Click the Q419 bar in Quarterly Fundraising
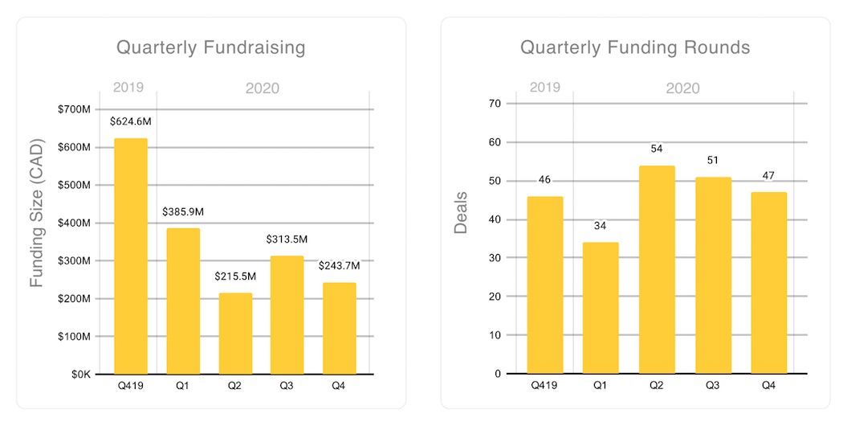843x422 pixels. pos(131,256)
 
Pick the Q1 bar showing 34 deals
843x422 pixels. pos(601,308)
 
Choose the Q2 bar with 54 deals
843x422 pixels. pos(658,269)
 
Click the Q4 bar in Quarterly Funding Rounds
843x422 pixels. pos(769,283)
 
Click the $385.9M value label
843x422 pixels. pos(183,211)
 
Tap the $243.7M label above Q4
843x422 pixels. pos(339,265)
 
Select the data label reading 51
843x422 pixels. pos(713,161)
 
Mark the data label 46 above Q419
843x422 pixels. pos(544,179)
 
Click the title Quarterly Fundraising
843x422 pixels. pos(211,47)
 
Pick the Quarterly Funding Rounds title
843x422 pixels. pos(635,47)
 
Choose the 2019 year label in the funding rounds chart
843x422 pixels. pos(544,88)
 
